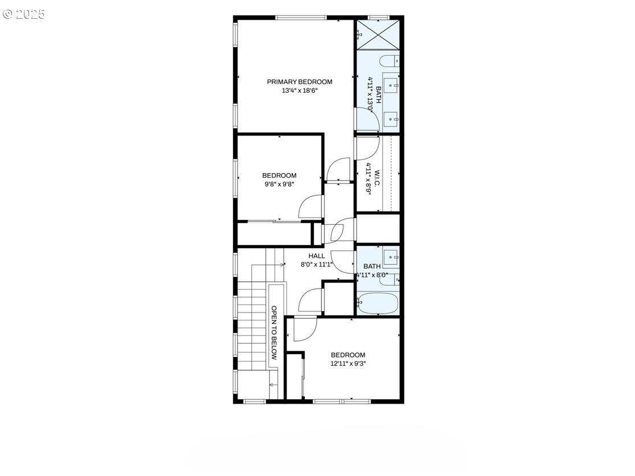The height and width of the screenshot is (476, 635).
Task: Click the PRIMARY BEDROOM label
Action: coord(300,82)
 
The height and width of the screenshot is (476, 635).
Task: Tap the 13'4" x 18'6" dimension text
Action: coord(300,91)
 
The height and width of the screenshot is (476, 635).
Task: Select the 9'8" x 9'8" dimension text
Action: coord(279,184)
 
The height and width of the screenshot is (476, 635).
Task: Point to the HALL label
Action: coord(316,256)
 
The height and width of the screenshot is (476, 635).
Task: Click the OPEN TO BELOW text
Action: coord(274,333)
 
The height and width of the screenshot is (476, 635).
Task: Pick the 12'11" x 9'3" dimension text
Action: coord(348,363)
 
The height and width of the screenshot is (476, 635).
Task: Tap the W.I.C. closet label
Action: coord(376,179)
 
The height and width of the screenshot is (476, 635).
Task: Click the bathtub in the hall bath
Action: coord(378,303)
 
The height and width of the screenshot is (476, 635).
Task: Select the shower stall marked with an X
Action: coord(378,34)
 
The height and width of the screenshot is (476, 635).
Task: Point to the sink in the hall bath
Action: coord(392,257)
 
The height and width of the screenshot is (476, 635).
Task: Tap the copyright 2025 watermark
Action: coord(23,14)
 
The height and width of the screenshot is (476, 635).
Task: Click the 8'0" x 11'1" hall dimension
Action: coord(316,265)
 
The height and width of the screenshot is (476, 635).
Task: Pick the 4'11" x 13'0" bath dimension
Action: coord(370,95)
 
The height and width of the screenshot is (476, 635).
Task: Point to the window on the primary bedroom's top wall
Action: coord(301,18)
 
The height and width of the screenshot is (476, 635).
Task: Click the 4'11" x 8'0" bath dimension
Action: coord(372,275)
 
